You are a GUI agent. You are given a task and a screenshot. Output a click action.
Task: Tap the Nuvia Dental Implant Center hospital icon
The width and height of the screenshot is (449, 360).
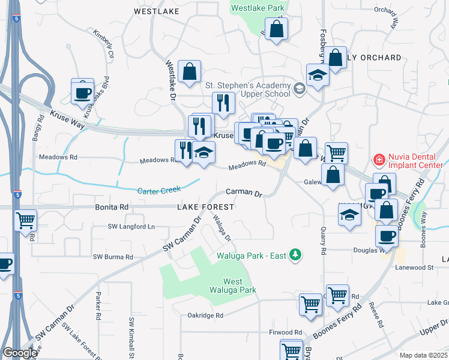point(379,160)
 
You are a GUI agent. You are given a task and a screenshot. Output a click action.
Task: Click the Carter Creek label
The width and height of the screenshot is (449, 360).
point(159,191)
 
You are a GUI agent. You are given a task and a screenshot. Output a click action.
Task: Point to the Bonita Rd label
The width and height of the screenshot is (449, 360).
point(112,206)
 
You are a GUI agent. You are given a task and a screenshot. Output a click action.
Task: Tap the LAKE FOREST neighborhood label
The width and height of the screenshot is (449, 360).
point(205,206)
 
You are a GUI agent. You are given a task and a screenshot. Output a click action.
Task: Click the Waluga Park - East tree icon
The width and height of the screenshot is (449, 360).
point(295,255)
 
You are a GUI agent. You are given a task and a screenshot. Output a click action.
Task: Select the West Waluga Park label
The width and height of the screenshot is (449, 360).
point(233,286)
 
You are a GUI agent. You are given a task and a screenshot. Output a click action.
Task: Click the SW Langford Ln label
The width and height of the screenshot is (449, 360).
point(131,226)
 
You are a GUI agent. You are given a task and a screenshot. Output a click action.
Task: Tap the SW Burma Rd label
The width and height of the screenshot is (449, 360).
point(113,257)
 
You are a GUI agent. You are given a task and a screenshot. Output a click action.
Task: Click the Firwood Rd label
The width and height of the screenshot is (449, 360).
point(285,332)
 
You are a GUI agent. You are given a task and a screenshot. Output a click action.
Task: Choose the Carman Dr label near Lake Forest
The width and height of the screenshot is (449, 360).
point(244,193)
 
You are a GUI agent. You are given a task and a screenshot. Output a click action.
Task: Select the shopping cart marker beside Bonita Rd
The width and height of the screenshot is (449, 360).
point(25,220)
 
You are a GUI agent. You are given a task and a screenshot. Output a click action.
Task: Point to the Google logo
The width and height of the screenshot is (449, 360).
point(20,353)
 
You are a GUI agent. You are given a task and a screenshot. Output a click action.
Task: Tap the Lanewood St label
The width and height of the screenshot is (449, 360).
point(414,266)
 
